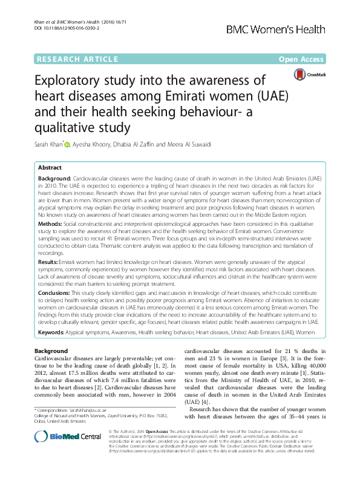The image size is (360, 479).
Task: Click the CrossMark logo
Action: point(309,74)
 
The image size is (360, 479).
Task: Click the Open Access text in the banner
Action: point(304,59)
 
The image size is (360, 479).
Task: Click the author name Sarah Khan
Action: point(51,144)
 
